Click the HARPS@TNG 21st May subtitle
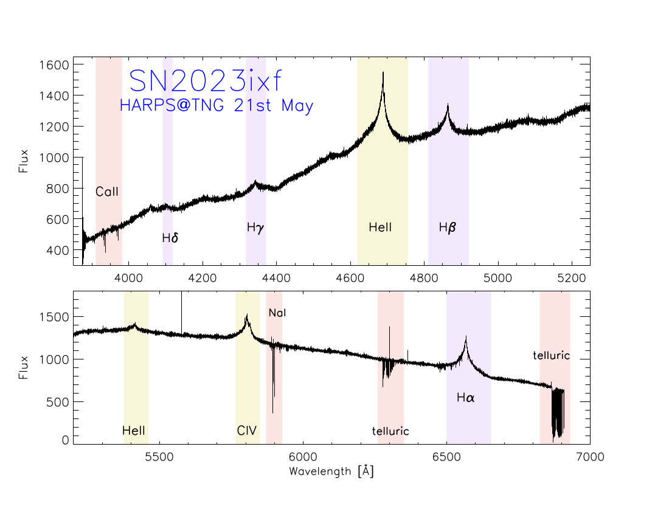pyautogui.click(x=217, y=106)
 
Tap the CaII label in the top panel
pyautogui.click(x=107, y=192)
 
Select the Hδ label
pyautogui.click(x=170, y=238)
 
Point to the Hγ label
pyautogui.click(x=256, y=228)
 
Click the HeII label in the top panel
pyautogui.click(x=380, y=228)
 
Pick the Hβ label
pyautogui.click(x=448, y=228)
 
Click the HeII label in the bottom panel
pyautogui.click(x=134, y=431)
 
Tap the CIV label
pyautogui.click(x=247, y=431)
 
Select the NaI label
pyautogui.click(x=277, y=313)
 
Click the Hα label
pyautogui.click(x=466, y=398)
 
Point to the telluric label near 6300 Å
pyautogui.click(x=390, y=431)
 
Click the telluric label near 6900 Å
pyautogui.click(x=551, y=355)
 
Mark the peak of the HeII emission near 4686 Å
pyautogui.click(x=383, y=72)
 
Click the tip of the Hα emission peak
pyautogui.click(x=466, y=336)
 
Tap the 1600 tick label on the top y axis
pyautogui.click(x=53, y=64)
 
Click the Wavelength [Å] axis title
pyautogui.click(x=331, y=471)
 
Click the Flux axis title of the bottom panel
pyautogui.click(x=24, y=367)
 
